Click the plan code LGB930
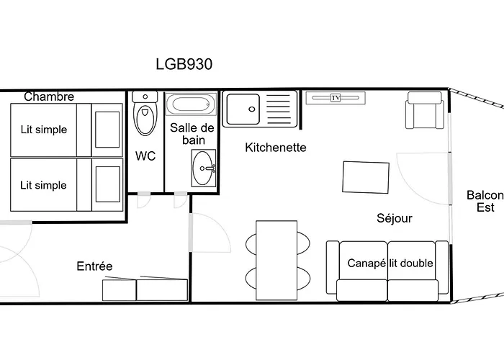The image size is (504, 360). [184, 63]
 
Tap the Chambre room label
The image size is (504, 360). [49, 96]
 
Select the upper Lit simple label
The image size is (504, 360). [43, 130]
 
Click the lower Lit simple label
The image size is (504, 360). [43, 185]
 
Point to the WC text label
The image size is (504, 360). [146, 156]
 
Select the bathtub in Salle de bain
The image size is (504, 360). [192, 105]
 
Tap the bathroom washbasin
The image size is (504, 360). [202, 167]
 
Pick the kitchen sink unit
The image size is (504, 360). [258, 109]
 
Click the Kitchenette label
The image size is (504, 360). [276, 148]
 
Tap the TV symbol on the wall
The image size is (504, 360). [336, 98]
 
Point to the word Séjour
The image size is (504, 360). [395, 218]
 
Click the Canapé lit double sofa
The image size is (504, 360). [387, 270]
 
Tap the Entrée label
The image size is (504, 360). [94, 266]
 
